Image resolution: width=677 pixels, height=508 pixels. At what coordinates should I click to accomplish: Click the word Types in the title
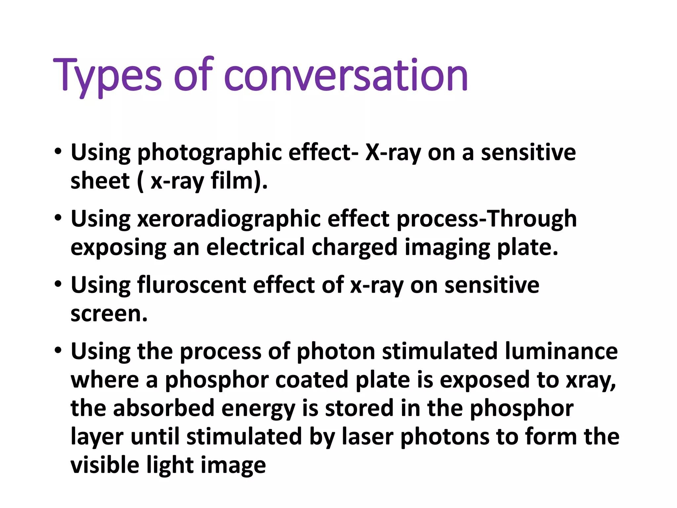107,75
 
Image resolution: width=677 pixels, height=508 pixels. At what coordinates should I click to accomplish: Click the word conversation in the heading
346,75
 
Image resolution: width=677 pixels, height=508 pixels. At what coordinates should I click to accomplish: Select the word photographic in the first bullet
209,153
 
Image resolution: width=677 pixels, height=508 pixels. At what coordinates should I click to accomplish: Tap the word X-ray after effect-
393,153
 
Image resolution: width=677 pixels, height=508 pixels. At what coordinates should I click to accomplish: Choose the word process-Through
487,219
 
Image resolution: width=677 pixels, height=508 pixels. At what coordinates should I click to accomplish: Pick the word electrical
255,247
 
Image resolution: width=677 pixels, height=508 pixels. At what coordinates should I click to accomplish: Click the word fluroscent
191,285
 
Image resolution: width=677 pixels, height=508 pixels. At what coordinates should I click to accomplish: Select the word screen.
109,314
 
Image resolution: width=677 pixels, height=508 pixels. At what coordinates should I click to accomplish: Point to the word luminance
561,351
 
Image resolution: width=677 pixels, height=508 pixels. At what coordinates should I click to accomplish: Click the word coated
311,380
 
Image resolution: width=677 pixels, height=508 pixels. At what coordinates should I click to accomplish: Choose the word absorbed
164,408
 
